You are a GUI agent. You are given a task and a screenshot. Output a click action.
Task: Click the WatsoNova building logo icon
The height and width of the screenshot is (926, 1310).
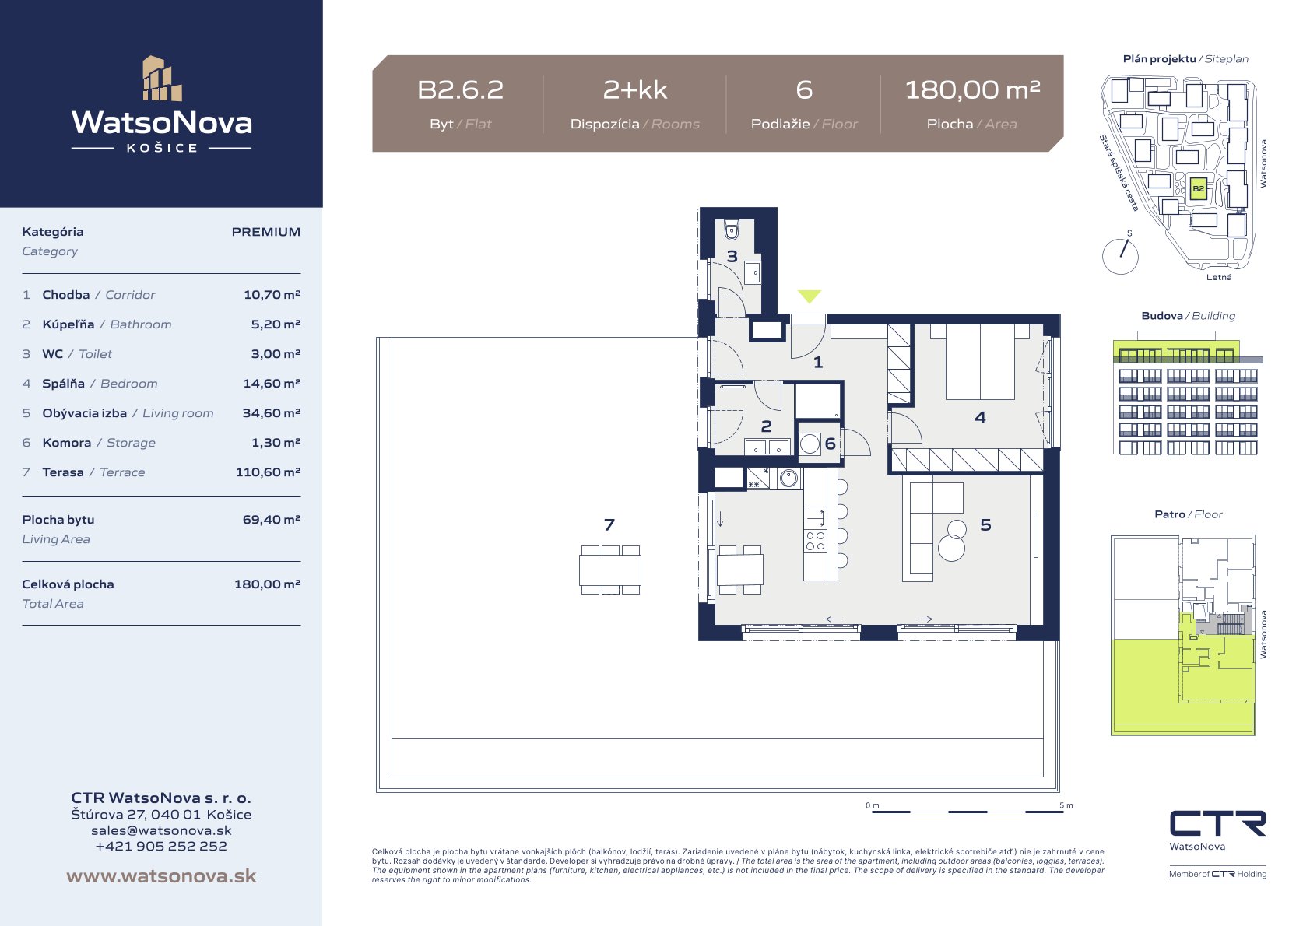click(x=162, y=79)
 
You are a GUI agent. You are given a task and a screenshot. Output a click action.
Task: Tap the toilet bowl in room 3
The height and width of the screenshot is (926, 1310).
click(x=732, y=231)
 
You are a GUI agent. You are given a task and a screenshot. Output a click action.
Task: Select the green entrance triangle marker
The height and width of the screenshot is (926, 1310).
click(x=810, y=296)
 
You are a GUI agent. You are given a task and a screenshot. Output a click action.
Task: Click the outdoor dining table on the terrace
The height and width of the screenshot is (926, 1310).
click(x=610, y=570)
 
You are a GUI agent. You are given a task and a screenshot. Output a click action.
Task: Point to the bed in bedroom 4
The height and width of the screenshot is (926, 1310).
click(x=980, y=362)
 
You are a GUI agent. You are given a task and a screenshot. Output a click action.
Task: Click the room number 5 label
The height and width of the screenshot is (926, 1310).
click(x=985, y=525)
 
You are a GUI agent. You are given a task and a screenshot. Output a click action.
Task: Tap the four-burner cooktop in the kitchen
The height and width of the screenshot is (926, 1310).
click(x=815, y=541)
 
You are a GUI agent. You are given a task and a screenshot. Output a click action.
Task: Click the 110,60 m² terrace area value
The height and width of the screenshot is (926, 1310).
click(x=268, y=472)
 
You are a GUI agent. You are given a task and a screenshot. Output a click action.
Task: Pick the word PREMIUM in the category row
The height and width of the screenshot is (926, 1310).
click(x=266, y=232)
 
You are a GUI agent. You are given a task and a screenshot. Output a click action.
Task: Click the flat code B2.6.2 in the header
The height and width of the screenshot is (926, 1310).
click(x=460, y=90)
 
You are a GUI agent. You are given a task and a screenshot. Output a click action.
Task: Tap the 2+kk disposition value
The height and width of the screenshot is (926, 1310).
click(x=635, y=90)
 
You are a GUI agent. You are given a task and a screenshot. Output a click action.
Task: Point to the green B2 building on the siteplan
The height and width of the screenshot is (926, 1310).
click(x=1198, y=189)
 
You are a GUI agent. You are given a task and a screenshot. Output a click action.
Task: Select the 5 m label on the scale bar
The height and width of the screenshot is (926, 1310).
click(x=1066, y=805)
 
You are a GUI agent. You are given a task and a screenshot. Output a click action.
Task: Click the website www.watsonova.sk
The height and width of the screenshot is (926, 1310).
click(x=161, y=875)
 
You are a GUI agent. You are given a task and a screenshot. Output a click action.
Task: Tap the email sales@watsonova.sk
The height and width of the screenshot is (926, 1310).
click(x=161, y=830)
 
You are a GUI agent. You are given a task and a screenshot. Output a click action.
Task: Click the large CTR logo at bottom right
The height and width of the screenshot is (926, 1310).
click(x=1217, y=823)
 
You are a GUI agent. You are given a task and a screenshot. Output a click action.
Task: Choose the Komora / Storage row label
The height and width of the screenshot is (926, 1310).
click(x=99, y=443)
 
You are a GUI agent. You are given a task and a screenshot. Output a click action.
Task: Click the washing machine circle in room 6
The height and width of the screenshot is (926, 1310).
click(x=810, y=444)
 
